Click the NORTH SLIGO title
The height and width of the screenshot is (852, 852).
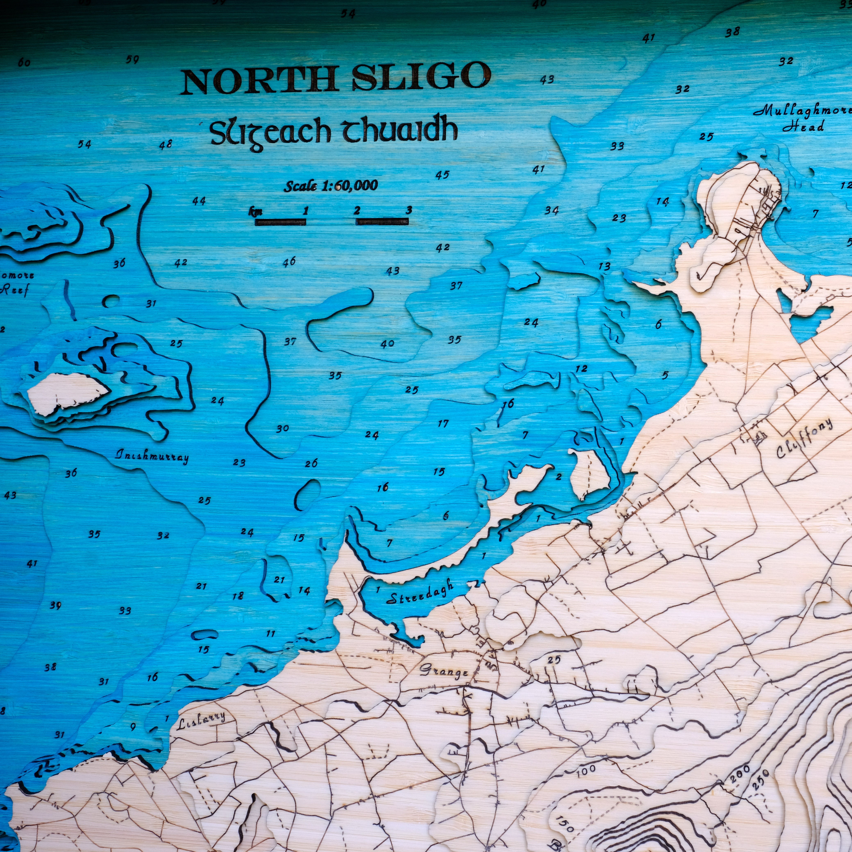[336, 78]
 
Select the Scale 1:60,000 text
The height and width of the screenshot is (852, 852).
[331, 186]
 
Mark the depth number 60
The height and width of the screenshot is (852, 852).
[24, 63]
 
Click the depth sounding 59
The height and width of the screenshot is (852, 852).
[132, 60]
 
